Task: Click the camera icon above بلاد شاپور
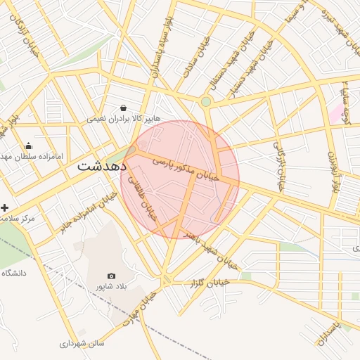[x=111, y=276]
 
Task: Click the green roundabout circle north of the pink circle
[x=205, y=102]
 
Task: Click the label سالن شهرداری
[x=82, y=344]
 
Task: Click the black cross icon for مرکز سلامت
[x=5, y=208]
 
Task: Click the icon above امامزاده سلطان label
[x=27, y=146]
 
